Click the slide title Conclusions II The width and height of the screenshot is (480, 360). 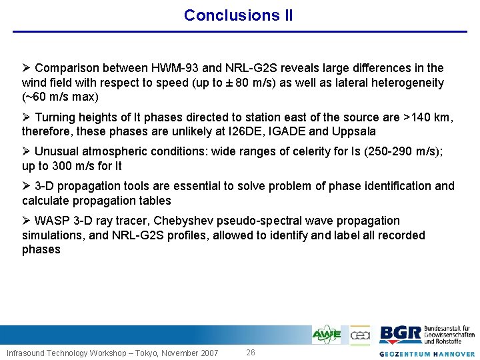[238, 15]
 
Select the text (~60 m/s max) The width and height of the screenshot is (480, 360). [60, 97]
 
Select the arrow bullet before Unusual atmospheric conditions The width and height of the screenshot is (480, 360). [26, 151]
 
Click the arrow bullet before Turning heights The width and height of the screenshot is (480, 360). [26, 117]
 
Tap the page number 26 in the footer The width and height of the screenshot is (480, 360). [251, 352]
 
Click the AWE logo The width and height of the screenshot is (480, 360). [327, 335]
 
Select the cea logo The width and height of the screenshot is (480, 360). [360, 335]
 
